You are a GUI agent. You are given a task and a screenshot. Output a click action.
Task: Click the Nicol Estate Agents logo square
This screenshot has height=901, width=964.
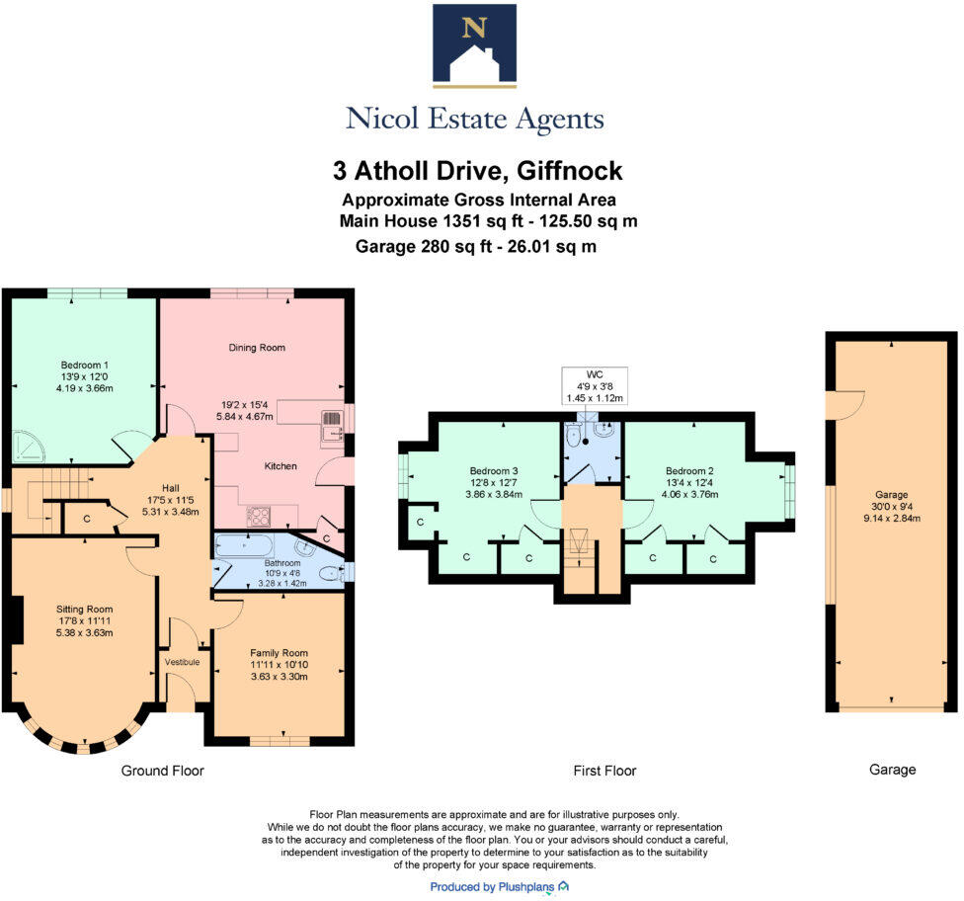(x=474, y=45)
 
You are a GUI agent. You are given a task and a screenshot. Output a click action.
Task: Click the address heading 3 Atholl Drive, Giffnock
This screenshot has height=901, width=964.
(x=478, y=170)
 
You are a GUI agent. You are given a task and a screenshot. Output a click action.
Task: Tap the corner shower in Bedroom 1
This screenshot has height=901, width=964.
(x=31, y=448)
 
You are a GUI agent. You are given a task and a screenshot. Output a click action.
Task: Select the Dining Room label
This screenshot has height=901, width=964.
(x=257, y=348)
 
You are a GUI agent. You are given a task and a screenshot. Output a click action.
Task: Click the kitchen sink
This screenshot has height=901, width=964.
(x=331, y=427)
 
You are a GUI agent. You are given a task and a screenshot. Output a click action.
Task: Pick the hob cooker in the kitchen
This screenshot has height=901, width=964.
(x=260, y=515)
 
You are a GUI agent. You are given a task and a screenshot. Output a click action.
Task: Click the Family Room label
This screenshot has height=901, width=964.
(x=279, y=653)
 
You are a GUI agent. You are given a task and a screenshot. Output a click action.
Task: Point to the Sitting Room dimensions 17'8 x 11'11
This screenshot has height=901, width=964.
(x=83, y=621)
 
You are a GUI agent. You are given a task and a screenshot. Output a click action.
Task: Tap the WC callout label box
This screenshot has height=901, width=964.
(x=595, y=385)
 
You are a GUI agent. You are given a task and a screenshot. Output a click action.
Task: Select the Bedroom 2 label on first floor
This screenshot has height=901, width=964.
(x=689, y=470)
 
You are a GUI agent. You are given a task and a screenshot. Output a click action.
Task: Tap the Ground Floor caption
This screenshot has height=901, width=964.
(x=162, y=770)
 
